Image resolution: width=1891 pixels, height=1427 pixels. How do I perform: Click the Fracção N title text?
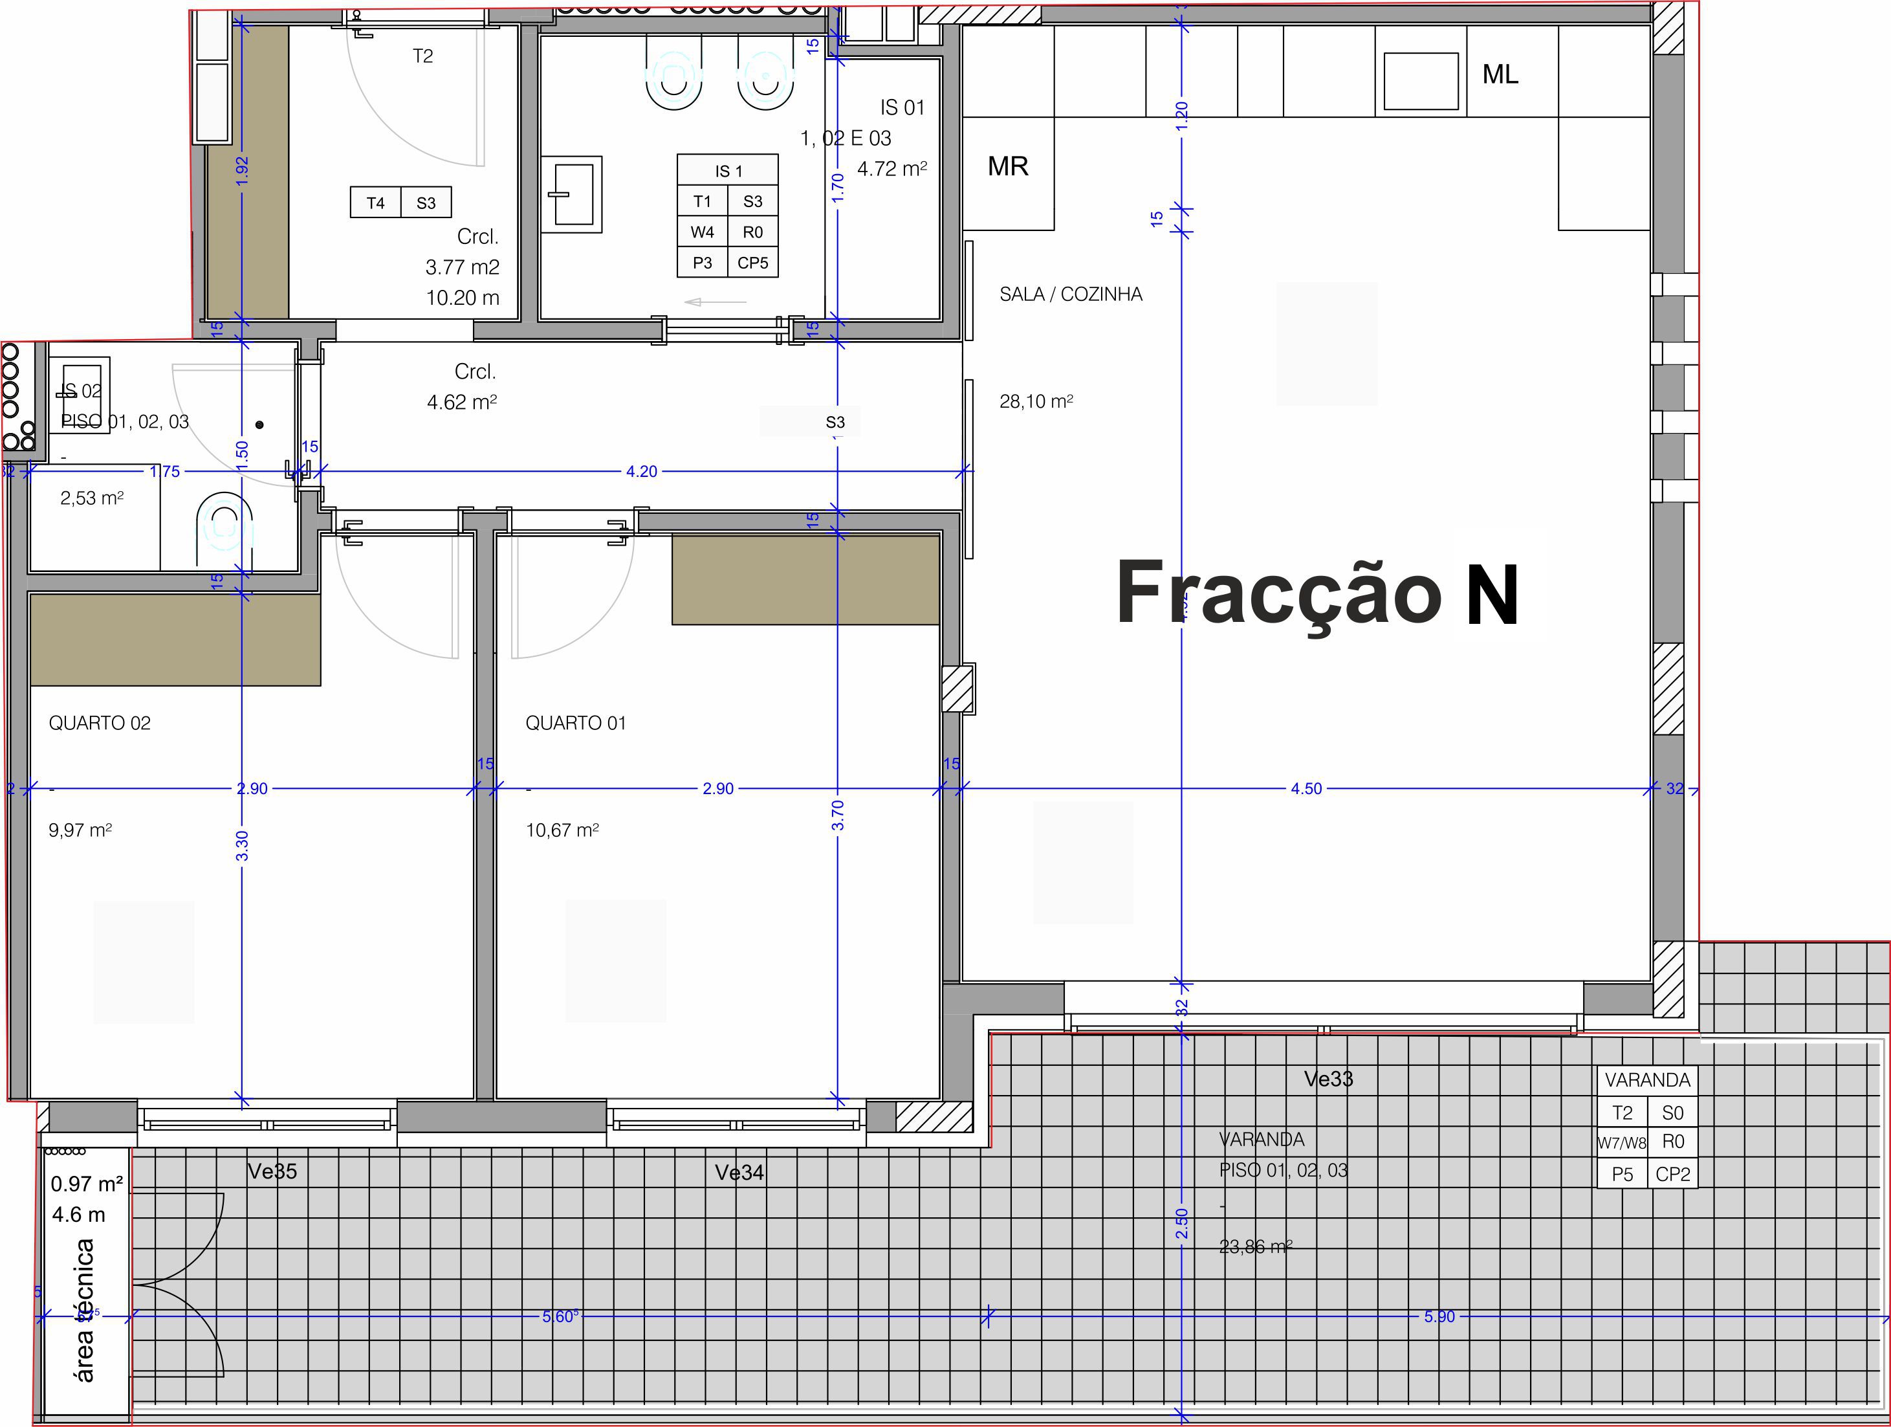pyautogui.click(x=1317, y=594)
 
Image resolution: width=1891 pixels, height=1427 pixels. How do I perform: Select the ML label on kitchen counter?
pyautogui.click(x=1500, y=74)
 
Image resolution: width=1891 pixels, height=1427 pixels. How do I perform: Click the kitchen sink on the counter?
pyautogui.click(x=1420, y=82)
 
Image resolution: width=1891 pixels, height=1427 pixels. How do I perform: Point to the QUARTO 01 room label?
pyautogui.click(x=575, y=724)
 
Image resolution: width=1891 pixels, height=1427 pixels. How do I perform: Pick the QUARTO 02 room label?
pyautogui.click(x=99, y=724)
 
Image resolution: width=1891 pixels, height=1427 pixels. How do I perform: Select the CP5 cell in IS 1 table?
pyautogui.click(x=752, y=263)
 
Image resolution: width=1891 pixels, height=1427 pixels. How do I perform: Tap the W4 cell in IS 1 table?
pyautogui.click(x=702, y=232)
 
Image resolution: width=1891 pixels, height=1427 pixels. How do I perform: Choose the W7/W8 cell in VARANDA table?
pyautogui.click(x=1622, y=1143)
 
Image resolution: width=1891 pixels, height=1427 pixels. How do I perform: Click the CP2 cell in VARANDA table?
pyautogui.click(x=1672, y=1174)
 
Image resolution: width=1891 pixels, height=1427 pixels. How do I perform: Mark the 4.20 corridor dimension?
pyautogui.click(x=641, y=471)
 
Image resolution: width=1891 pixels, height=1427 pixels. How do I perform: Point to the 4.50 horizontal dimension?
pyautogui.click(x=1306, y=788)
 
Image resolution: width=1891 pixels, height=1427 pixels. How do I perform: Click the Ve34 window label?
pyautogui.click(x=739, y=1172)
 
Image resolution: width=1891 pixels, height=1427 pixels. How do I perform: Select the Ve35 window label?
pyautogui.click(x=272, y=1171)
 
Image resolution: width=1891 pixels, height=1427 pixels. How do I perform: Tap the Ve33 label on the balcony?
pyautogui.click(x=1328, y=1079)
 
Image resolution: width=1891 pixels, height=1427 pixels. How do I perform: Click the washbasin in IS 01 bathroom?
pyautogui.click(x=572, y=194)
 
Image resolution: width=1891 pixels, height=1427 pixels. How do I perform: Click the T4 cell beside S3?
pyautogui.click(x=375, y=203)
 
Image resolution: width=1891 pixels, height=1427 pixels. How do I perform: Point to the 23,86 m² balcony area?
pyautogui.click(x=1255, y=1246)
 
